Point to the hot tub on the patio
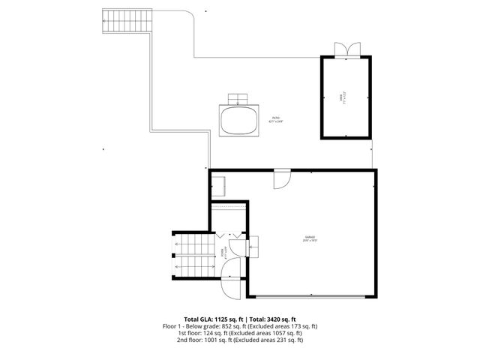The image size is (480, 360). tap(238, 121)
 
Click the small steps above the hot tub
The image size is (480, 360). tap(238, 99)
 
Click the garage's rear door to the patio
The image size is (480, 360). tap(281, 179)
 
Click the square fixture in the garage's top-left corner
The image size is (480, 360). tap(220, 184)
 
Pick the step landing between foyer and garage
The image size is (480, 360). tap(253, 246)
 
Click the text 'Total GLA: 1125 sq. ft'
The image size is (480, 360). tap(214, 319)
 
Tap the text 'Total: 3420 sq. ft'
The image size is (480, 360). tap(274, 319)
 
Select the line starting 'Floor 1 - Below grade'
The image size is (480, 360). tap(240, 326)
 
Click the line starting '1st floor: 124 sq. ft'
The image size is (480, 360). tap(240, 333)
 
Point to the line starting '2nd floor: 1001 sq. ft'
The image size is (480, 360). tap(240, 340)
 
